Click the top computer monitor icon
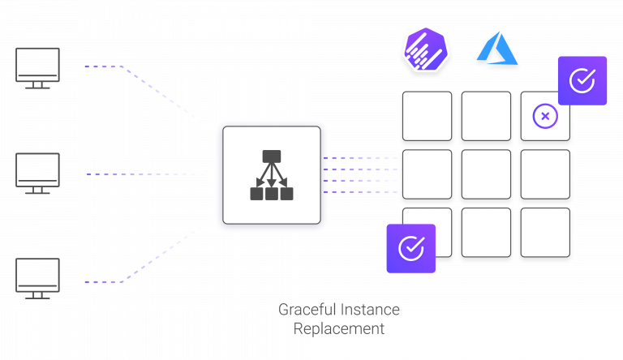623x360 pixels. [38, 67]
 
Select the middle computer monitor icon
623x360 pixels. [38, 173]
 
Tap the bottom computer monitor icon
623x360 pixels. [38, 278]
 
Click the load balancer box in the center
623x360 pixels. [271, 175]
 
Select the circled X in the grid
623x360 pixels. [544, 117]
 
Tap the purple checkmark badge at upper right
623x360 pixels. [582, 80]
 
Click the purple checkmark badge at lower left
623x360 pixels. [410, 248]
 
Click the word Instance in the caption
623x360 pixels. [369, 310]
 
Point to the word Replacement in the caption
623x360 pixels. [339, 329]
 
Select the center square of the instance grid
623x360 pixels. [486, 175]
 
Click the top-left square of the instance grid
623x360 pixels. [427, 117]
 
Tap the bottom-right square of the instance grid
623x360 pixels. [544, 234]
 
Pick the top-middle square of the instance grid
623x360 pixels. [486, 117]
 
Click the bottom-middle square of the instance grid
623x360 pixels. [486, 234]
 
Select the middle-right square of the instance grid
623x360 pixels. [544, 175]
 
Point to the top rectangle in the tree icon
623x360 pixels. [271, 156]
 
